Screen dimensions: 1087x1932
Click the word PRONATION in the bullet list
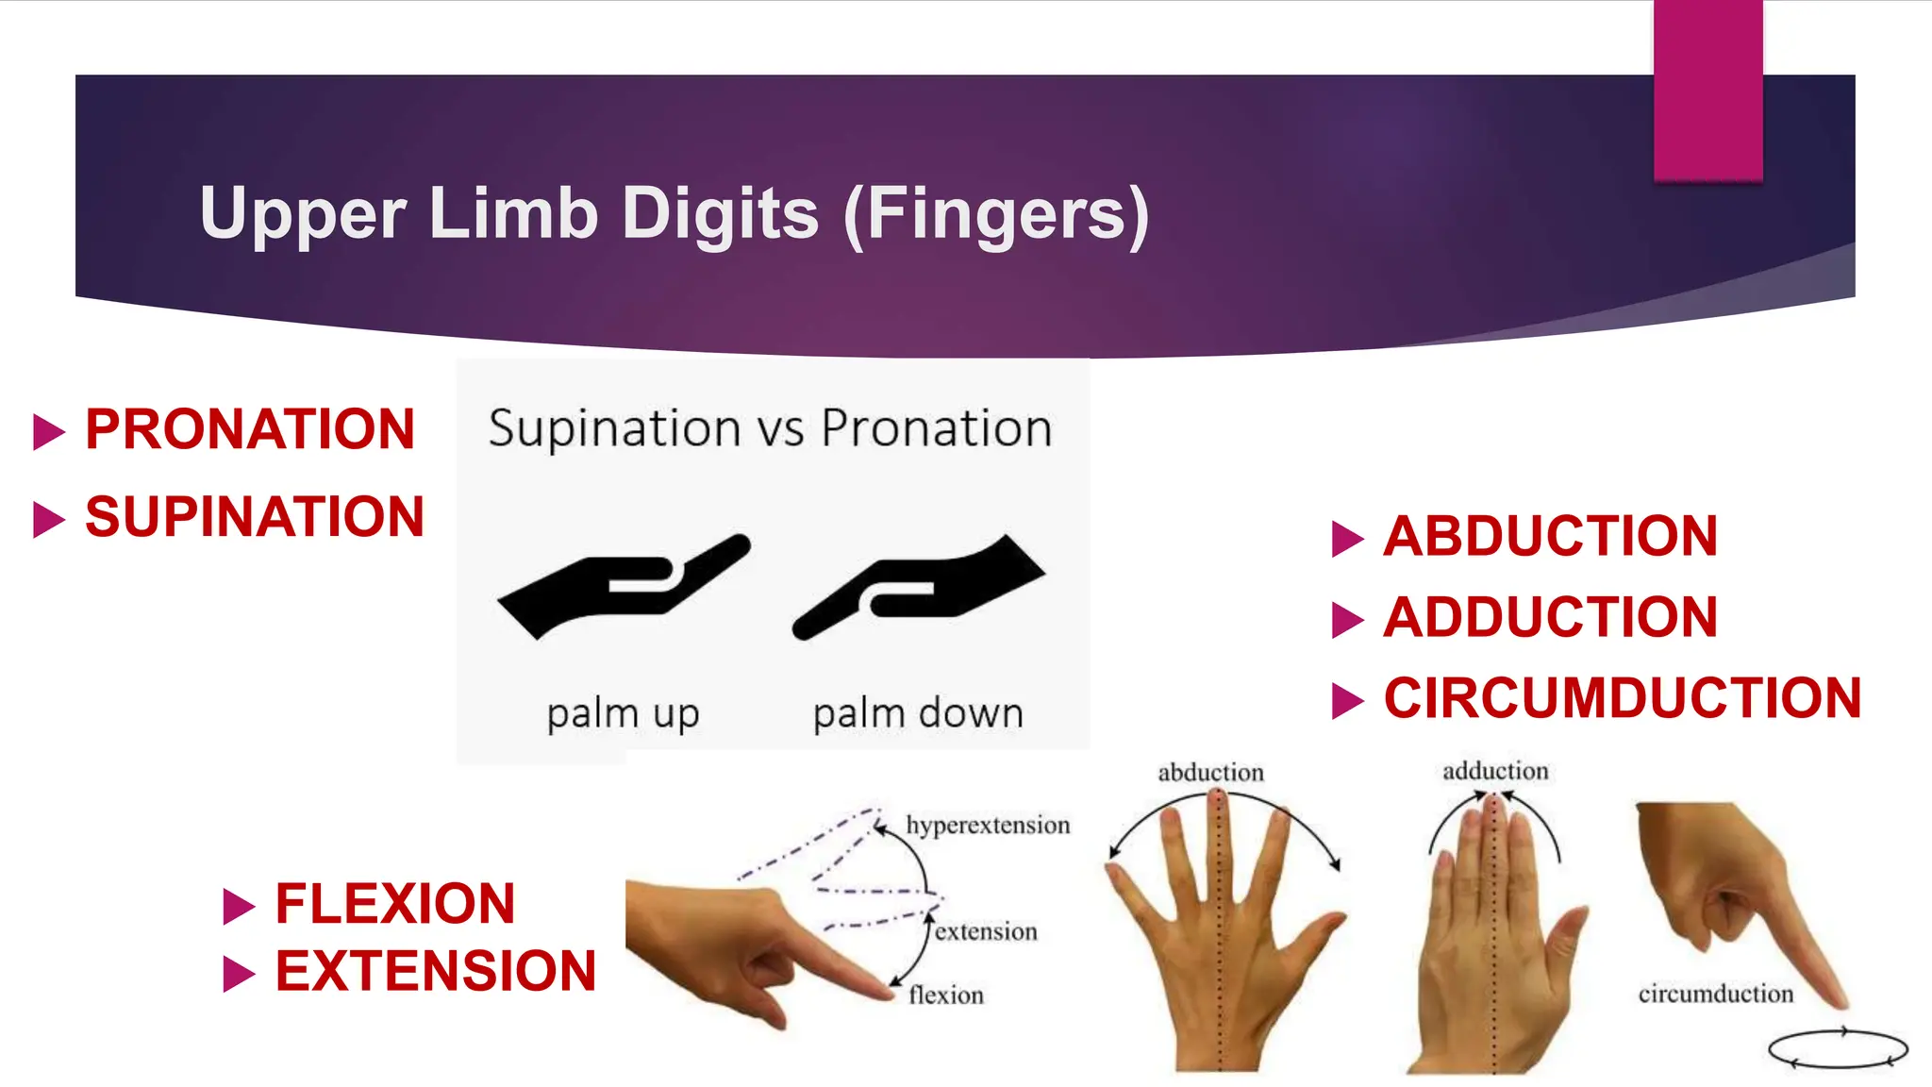point(250,429)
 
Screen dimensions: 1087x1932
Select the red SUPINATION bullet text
point(255,517)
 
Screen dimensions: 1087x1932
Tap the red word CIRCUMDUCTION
point(1623,698)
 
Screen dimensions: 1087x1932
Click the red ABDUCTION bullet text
point(1551,536)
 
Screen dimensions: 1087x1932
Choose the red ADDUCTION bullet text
point(1551,617)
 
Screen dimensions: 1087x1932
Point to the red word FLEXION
point(395,904)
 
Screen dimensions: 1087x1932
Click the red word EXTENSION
point(436,971)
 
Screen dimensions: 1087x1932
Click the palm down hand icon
point(919,585)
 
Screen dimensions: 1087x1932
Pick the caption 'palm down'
point(918,713)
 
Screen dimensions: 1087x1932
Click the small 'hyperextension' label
point(988,826)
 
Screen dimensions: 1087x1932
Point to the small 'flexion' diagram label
point(946,995)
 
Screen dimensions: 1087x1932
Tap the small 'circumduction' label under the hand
point(1715,994)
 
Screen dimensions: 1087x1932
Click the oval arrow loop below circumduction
point(1838,1048)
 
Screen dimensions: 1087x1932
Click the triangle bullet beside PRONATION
point(49,431)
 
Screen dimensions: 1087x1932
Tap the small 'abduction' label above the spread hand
point(1210,773)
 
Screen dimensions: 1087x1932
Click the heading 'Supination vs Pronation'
point(770,428)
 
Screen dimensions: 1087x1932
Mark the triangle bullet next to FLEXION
point(239,906)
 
